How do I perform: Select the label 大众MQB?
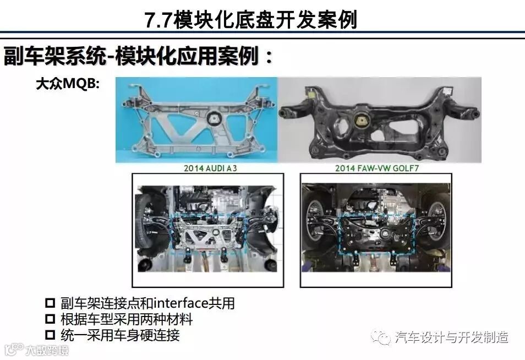point(68,84)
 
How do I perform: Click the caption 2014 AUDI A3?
point(210,168)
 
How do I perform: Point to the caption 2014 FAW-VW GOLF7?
point(377,168)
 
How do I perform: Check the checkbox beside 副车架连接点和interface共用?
point(50,303)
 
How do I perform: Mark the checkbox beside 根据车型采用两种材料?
point(50,319)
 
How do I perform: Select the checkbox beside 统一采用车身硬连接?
point(50,335)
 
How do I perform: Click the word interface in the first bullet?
point(181,303)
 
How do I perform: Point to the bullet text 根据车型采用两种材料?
point(127,319)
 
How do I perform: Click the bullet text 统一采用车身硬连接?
point(120,335)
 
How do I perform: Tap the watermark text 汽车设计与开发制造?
point(452,337)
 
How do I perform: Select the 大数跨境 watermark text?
point(47,350)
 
